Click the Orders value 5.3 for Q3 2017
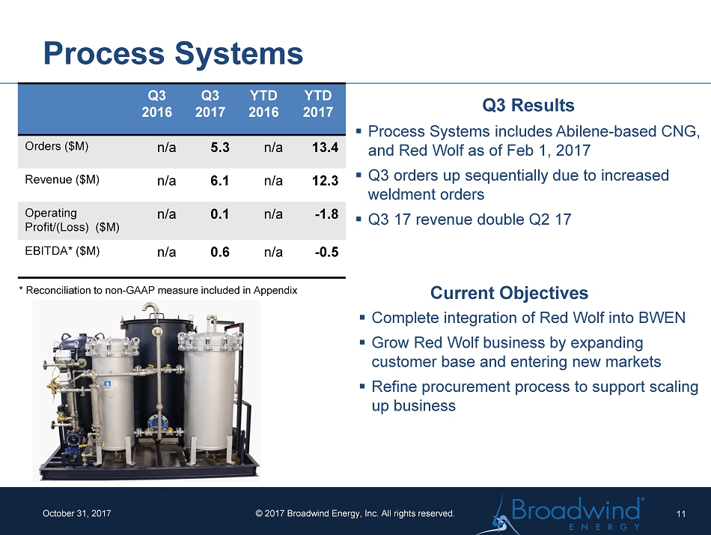(220, 148)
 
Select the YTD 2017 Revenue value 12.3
(325, 181)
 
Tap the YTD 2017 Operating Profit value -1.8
(326, 214)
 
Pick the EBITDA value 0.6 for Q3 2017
(220, 252)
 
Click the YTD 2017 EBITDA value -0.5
(326, 252)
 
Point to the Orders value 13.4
(325, 148)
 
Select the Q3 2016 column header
(157, 104)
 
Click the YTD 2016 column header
(263, 104)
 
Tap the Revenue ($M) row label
(62, 180)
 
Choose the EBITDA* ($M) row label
(62, 251)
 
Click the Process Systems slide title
(173, 54)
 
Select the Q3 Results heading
(528, 106)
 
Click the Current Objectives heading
(509, 293)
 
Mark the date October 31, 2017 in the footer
(76, 513)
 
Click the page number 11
(680, 514)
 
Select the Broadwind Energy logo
(561, 514)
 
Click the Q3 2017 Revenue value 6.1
(219, 181)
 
